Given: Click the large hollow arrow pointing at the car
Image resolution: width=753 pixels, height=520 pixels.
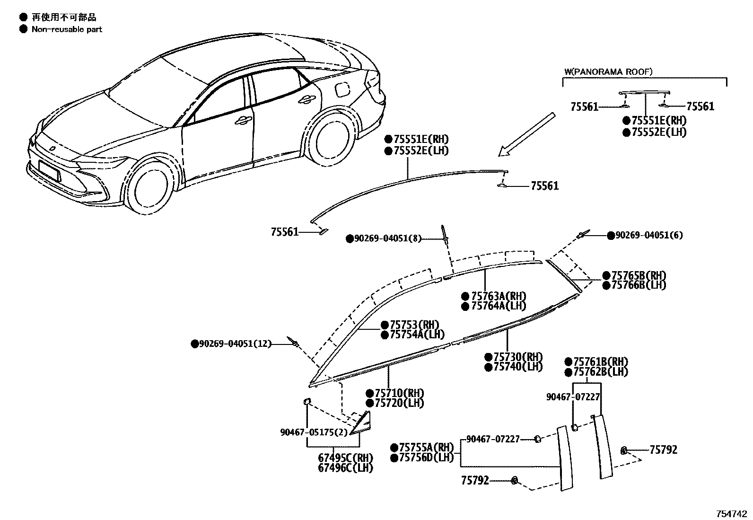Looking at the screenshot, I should click(526, 134).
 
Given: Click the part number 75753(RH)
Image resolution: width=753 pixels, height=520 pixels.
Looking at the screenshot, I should click(414, 325).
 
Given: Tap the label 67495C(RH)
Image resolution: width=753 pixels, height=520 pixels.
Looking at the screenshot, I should click(345, 458).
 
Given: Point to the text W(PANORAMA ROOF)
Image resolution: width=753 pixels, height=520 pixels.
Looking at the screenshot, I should click(608, 72).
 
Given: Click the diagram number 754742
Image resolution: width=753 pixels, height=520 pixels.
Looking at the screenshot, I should click(731, 514).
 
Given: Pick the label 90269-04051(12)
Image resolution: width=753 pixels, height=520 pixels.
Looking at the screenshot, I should click(235, 344).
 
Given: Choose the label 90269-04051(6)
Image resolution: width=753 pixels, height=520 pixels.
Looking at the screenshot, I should click(649, 235).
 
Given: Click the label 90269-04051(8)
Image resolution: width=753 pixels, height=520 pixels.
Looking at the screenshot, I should click(387, 239).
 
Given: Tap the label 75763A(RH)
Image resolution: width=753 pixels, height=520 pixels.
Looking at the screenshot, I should click(499, 296).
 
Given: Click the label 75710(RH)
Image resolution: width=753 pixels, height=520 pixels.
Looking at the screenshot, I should click(399, 393).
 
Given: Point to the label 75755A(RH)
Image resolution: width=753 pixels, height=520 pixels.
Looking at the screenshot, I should click(426, 448).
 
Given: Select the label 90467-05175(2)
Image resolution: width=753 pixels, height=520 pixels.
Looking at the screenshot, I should click(314, 432).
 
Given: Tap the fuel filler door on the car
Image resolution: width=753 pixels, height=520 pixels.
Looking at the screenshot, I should click(342, 88).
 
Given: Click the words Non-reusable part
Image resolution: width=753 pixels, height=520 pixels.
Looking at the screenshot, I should click(67, 29).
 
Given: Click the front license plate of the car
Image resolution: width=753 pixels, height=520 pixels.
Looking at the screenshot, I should click(49, 170).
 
